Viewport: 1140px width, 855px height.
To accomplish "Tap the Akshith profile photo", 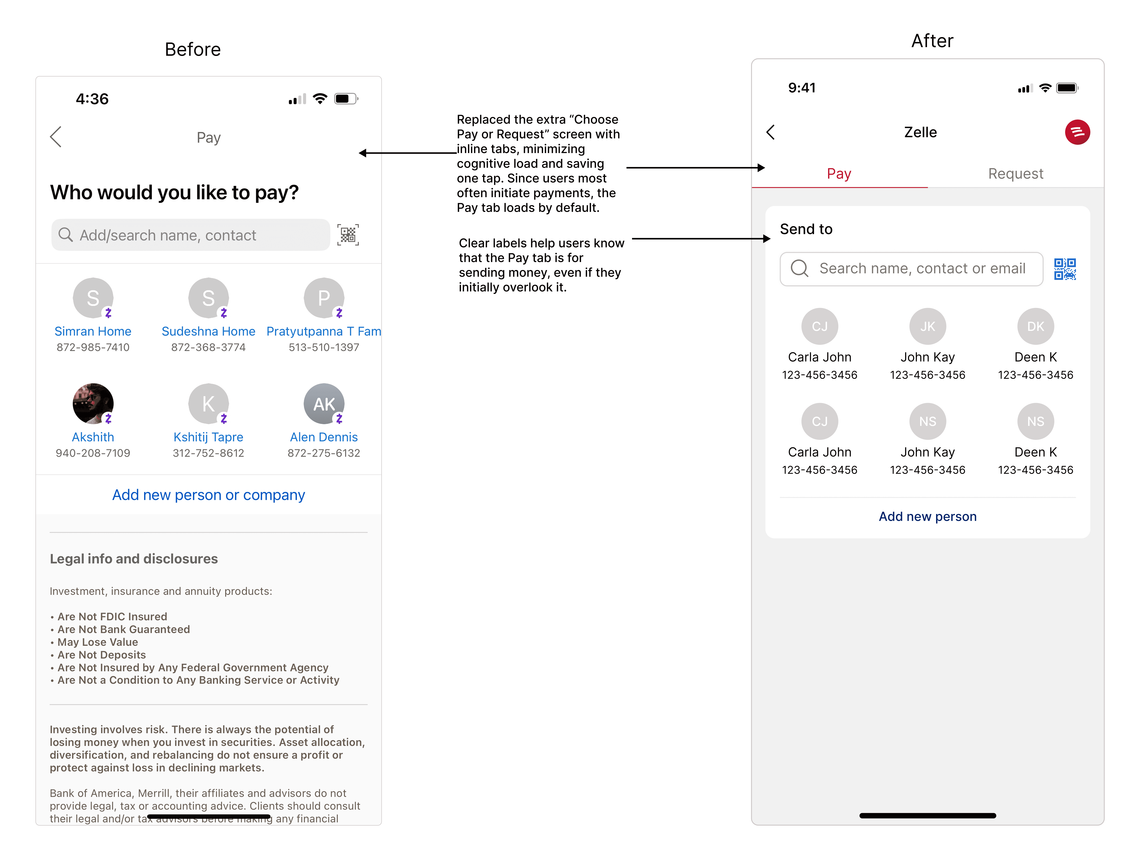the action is click(93, 403).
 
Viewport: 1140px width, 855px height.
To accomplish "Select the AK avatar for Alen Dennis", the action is click(324, 403).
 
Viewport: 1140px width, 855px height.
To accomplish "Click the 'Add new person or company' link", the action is click(209, 495).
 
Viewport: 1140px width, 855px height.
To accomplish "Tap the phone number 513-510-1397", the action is click(324, 348).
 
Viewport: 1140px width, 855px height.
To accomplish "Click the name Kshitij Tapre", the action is click(208, 437).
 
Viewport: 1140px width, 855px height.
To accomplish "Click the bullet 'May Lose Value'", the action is click(97, 642).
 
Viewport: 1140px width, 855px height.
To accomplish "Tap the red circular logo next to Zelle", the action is click(1077, 132).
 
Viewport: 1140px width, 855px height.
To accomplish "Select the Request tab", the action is click(1015, 174).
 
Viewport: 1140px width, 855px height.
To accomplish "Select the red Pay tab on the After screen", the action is click(839, 174).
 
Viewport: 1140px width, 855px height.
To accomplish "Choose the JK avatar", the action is click(928, 326).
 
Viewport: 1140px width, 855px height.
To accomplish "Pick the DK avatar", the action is click(1035, 326).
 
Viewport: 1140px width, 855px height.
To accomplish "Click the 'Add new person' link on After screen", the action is click(928, 517).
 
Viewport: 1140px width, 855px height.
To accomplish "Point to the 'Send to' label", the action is click(806, 229).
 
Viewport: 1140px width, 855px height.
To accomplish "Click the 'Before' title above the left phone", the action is click(193, 49).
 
